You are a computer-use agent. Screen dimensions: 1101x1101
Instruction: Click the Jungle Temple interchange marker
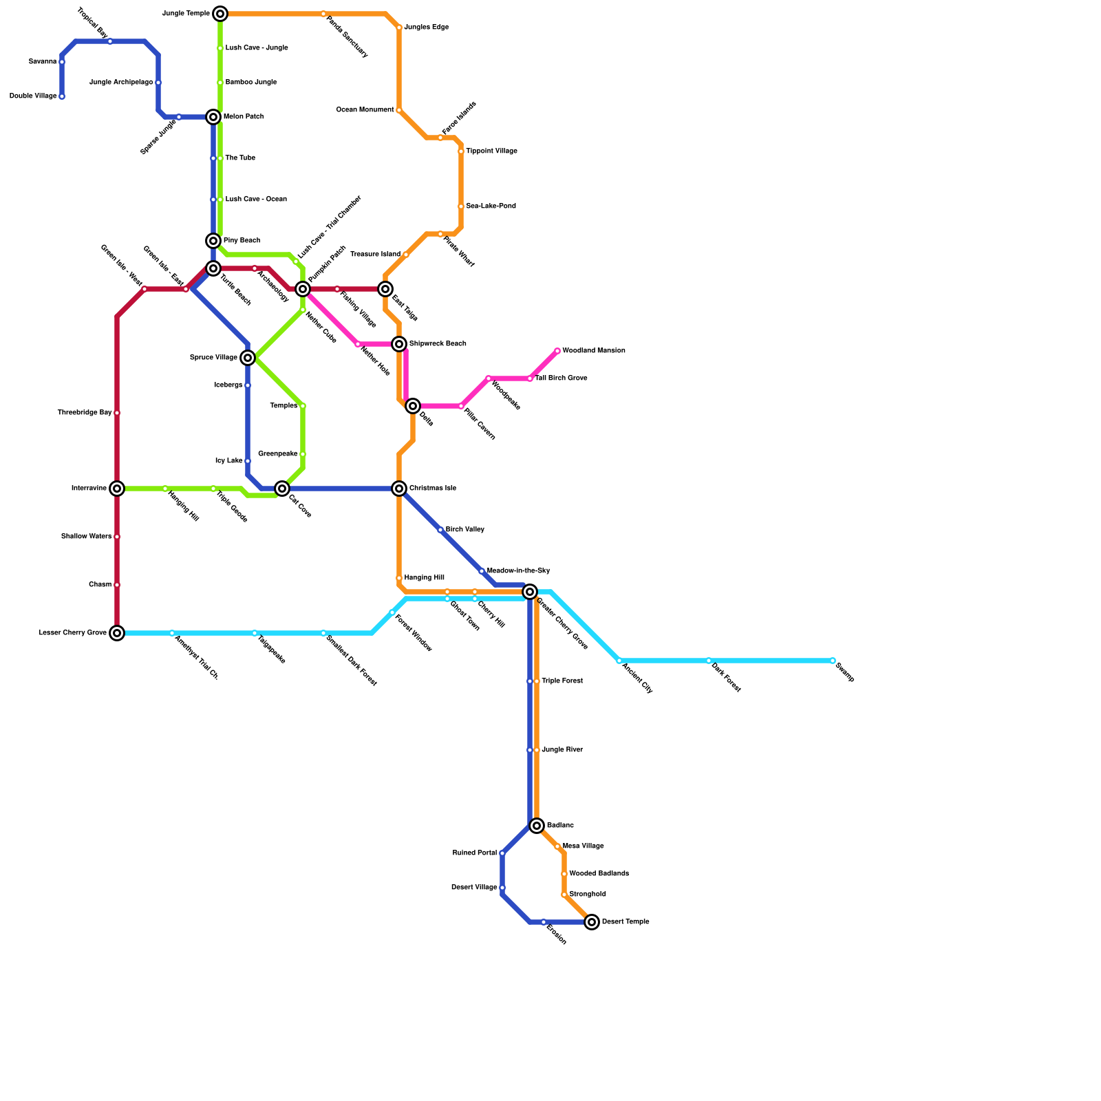220,14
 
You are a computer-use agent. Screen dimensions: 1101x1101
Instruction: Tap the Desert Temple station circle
592,922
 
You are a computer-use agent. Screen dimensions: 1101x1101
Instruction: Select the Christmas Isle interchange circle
399,489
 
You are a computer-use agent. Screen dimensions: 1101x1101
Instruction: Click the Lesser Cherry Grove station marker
117,633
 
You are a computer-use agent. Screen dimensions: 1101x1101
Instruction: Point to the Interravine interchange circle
117,489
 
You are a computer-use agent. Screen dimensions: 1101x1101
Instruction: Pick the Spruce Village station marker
248,358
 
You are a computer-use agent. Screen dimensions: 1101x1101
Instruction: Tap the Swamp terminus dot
833,661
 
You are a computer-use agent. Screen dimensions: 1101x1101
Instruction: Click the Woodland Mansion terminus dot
557,351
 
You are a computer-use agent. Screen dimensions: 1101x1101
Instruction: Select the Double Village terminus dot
62,96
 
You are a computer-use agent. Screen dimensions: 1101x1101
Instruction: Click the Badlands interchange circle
537,826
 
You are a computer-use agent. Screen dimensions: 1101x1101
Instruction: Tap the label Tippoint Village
491,151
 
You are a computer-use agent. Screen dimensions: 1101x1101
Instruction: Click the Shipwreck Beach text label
438,344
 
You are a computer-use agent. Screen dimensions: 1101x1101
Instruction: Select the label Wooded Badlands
599,874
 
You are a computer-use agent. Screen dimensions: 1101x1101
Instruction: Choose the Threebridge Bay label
84,413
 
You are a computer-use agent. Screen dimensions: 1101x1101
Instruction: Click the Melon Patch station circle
213,117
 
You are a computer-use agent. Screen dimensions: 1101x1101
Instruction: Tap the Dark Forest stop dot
709,661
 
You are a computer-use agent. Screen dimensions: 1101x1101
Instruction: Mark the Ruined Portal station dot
502,853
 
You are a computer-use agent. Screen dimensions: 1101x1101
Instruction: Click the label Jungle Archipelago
121,83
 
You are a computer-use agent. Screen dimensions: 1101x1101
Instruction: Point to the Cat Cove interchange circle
282,489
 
